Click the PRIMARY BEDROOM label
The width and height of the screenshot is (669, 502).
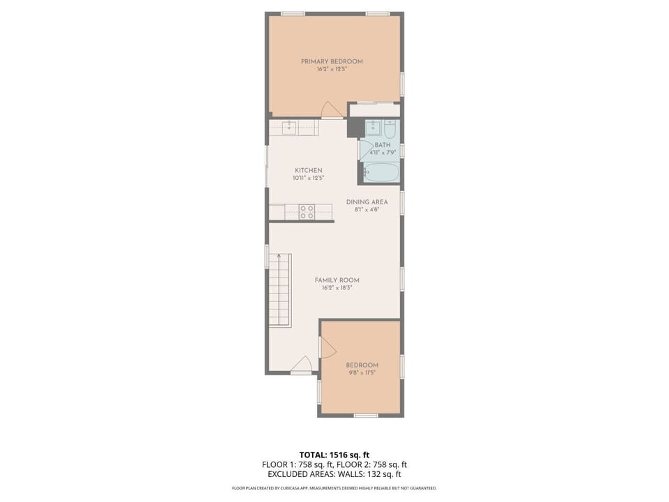click(x=332, y=61)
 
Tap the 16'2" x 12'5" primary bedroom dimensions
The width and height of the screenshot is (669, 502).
click(x=332, y=70)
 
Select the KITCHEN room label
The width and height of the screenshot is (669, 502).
click(x=308, y=170)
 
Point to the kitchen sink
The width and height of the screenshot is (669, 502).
click(x=291, y=127)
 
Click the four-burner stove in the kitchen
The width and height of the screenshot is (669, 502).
click(x=307, y=212)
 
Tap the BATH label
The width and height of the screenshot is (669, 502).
click(x=383, y=145)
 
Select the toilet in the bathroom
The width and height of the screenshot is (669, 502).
click(x=390, y=129)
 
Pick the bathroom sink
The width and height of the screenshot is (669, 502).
click(x=374, y=128)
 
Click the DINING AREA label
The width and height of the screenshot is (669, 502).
click(x=367, y=202)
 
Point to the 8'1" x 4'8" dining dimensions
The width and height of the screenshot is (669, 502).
click(x=367, y=210)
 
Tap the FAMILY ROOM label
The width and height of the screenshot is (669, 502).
click(x=337, y=280)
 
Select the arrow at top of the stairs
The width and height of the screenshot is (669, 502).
click(x=279, y=257)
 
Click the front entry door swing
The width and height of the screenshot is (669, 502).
click(x=302, y=365)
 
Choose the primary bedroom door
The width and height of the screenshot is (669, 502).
click(x=331, y=110)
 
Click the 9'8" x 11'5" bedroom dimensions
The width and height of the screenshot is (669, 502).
click(x=362, y=373)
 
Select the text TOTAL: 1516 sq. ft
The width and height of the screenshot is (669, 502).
click(x=334, y=455)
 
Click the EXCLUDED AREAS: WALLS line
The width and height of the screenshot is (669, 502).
click(x=334, y=474)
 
